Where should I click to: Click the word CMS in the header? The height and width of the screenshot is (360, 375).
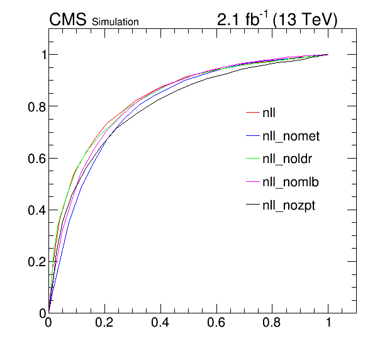point(68,20)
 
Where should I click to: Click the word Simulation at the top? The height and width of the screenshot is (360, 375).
point(115,22)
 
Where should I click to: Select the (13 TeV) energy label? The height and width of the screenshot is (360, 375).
point(305,20)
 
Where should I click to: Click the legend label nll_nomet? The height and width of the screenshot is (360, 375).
point(291,136)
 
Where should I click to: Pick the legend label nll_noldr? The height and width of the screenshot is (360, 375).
point(288,159)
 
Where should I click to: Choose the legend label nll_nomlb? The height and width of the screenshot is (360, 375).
point(291,182)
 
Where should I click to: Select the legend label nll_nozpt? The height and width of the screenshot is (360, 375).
point(289,205)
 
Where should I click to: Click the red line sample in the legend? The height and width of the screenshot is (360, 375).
point(253,112)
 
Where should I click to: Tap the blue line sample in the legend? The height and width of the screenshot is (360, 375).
point(253,135)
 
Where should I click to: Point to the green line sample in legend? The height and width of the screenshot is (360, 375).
point(253,159)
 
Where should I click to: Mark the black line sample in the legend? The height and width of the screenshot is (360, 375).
point(253,205)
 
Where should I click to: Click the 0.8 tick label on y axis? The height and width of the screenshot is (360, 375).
point(37,107)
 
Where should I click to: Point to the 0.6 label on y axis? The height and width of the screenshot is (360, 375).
point(37,159)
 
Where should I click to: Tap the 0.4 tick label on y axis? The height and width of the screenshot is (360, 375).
point(37,210)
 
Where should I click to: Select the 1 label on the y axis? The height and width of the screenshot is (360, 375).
point(44,55)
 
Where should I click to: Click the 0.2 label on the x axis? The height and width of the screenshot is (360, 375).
point(104,322)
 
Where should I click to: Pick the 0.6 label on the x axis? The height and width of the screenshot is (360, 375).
point(216,322)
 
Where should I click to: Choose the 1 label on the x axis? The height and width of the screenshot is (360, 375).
point(328,322)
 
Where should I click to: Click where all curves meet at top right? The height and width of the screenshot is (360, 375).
point(328,54)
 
